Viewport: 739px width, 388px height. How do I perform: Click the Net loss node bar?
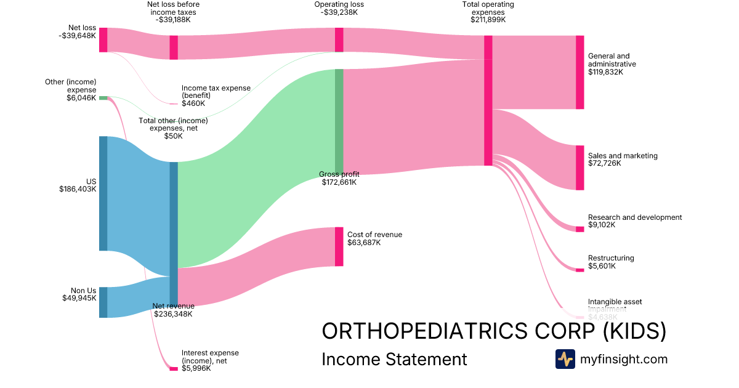[103, 40]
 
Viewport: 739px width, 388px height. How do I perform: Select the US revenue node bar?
[103, 193]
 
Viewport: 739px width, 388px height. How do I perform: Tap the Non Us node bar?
[103, 302]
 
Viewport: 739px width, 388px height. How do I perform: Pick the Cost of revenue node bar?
[339, 246]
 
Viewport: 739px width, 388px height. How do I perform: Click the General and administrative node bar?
[579, 73]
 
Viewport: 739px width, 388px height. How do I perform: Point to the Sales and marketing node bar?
[579, 168]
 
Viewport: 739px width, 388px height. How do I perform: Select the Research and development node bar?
[579, 229]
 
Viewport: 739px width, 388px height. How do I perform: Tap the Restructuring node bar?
[579, 270]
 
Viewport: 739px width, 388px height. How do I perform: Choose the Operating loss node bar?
[339, 40]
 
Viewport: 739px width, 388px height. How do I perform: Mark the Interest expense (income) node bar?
[174, 369]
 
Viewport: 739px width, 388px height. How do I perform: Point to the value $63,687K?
[364, 243]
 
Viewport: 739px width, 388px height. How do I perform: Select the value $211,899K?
[488, 20]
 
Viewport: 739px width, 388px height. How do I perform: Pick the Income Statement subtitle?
[394, 359]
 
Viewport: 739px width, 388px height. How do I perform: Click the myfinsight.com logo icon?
[565, 359]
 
